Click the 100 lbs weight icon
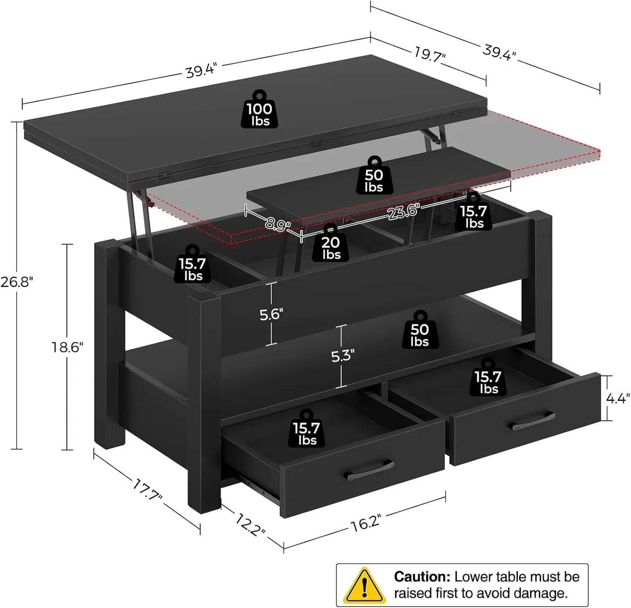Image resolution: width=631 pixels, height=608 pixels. [x=261, y=110]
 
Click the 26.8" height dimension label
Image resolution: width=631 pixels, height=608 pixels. [x=16, y=282]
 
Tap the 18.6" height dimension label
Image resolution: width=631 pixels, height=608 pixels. [x=67, y=348]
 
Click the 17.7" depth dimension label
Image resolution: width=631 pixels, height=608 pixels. [x=148, y=489]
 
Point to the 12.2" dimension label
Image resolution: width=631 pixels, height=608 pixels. [x=250, y=524]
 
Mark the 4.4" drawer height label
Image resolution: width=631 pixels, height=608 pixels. [x=618, y=398]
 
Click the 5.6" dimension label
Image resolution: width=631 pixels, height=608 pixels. [x=271, y=314]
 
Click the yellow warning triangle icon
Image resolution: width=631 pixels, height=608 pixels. [x=364, y=585]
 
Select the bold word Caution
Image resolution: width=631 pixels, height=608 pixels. [x=422, y=577]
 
